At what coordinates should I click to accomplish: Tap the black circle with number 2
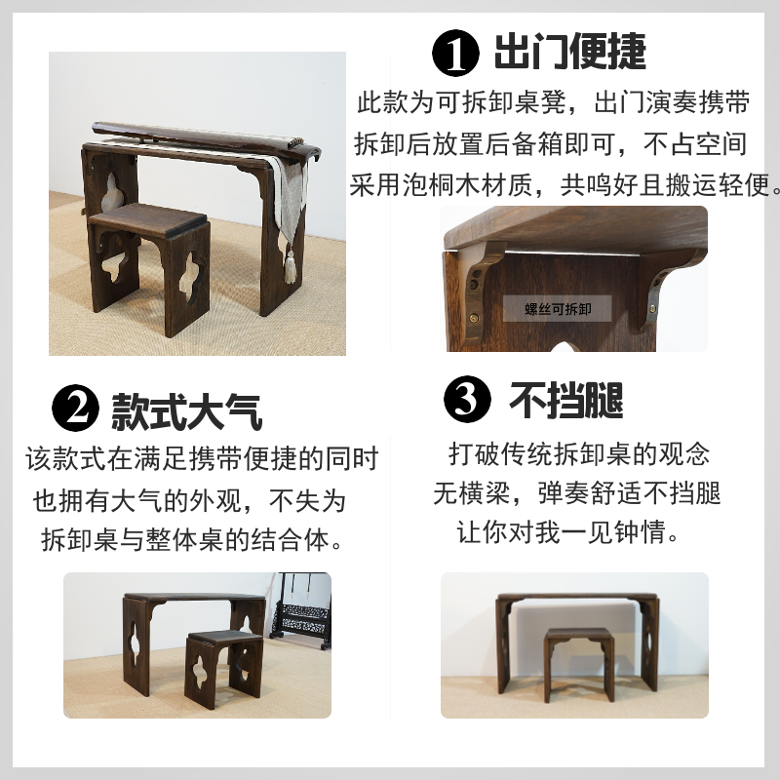(x=74, y=409)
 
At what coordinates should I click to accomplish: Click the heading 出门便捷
(x=569, y=52)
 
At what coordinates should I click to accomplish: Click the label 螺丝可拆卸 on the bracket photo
(x=558, y=310)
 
